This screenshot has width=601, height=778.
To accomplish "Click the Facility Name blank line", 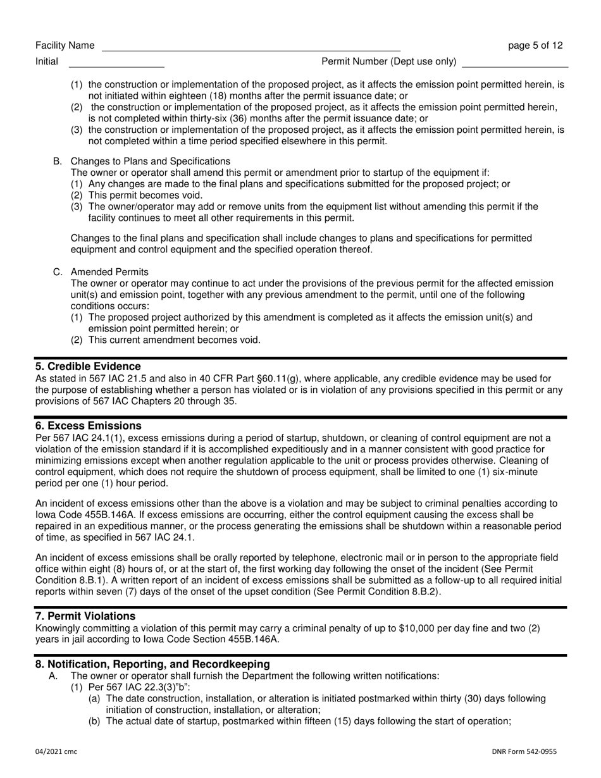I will tap(251, 47).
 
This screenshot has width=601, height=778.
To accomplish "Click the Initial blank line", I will tap(116, 63).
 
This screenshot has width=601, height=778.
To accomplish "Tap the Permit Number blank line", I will tap(515, 63).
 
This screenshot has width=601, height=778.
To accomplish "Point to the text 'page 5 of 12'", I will tap(535, 46).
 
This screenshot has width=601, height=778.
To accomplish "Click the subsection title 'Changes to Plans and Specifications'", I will tap(151, 161).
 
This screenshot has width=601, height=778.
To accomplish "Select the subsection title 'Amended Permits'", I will tap(110, 272).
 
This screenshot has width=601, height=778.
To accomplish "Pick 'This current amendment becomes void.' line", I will tap(174, 340).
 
